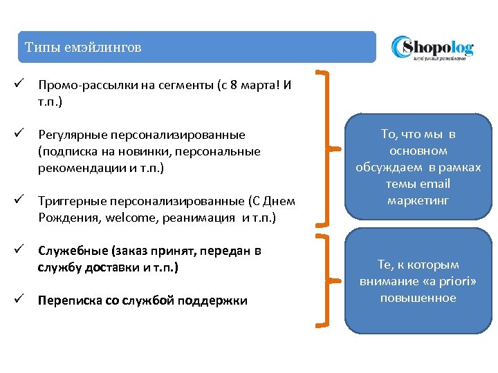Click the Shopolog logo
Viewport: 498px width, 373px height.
click(x=432, y=48)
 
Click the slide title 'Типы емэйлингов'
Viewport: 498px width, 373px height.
click(x=83, y=48)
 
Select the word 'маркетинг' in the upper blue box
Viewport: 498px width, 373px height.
click(x=418, y=200)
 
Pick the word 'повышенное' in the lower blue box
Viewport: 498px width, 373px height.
click(x=418, y=298)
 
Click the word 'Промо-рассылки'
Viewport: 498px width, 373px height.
click(x=81, y=86)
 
